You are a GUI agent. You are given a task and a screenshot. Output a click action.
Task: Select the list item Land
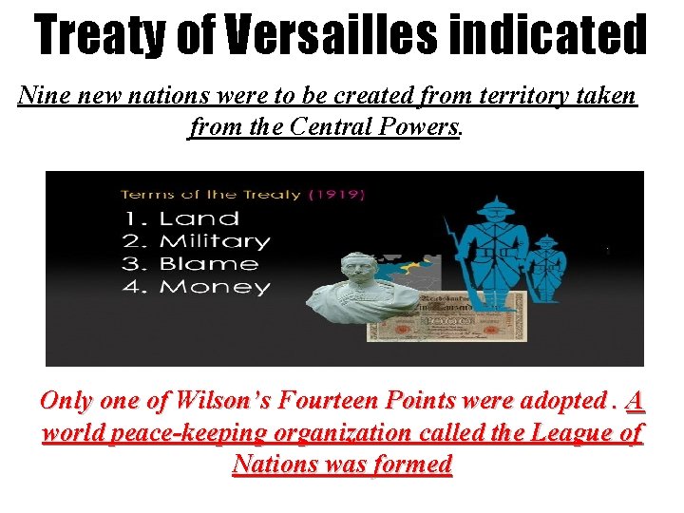199,218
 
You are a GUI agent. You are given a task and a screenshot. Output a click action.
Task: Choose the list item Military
214,241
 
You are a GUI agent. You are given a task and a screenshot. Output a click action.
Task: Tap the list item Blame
208,264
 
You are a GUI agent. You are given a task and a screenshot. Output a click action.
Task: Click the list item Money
214,287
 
